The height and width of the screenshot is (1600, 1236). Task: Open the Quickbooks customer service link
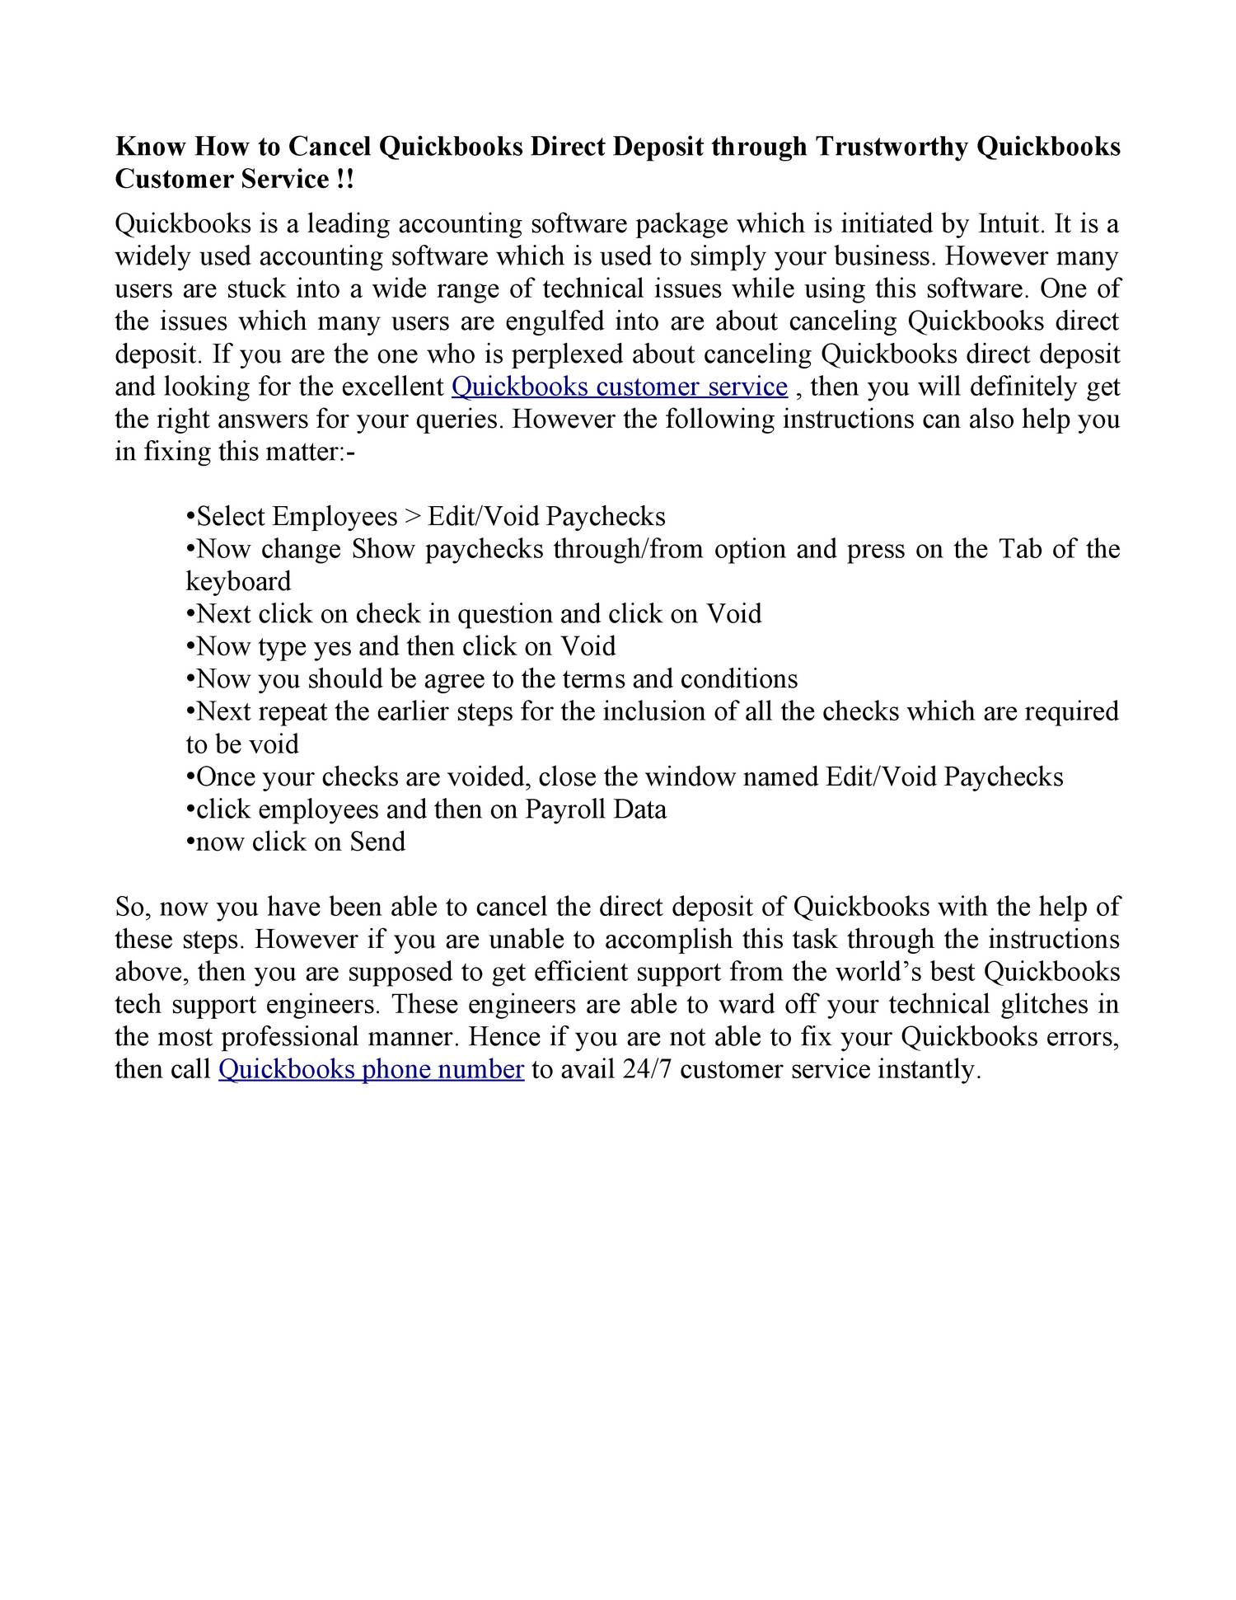click(620, 387)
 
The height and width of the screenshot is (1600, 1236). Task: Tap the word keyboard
click(238, 581)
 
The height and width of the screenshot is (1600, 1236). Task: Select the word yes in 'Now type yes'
click(332, 646)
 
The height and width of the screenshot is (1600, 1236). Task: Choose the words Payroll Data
click(596, 809)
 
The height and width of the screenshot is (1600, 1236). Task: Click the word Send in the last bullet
click(377, 842)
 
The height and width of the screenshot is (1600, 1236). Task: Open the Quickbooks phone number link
click(371, 1070)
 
